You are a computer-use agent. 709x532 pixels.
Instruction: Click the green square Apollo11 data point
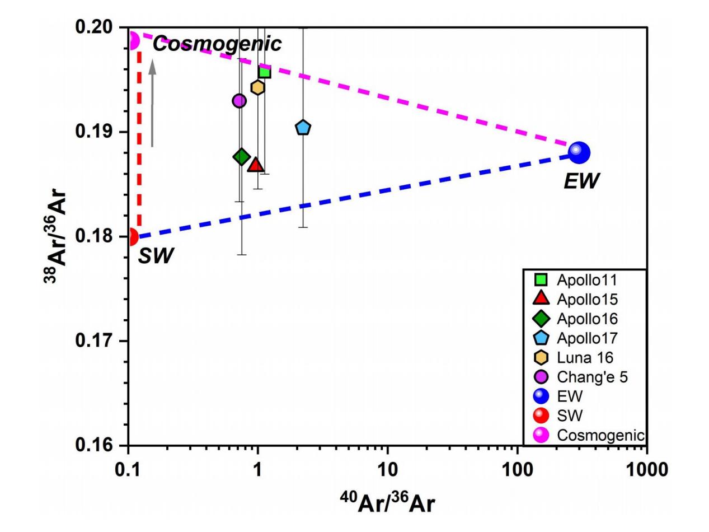[264, 72]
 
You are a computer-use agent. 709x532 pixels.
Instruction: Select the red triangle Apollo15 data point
[256, 164]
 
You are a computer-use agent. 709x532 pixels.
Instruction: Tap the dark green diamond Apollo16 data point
[242, 157]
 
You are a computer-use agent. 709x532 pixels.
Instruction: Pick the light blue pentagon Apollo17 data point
[303, 128]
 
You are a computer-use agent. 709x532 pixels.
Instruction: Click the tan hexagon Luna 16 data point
[257, 87]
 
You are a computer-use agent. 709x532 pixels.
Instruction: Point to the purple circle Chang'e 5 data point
[240, 101]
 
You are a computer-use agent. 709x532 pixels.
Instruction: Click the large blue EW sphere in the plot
[579, 152]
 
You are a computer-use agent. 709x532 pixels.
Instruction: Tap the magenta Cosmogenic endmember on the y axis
[133, 41]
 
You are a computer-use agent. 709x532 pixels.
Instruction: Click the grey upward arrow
[152, 104]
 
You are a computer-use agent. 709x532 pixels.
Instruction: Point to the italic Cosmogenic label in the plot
[217, 44]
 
